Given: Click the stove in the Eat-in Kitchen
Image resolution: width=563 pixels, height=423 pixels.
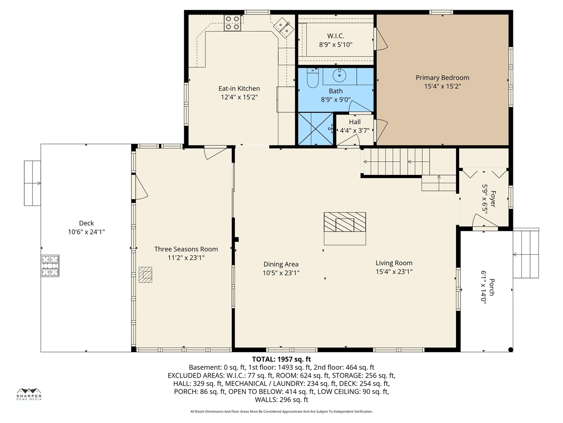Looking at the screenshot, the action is [233, 23].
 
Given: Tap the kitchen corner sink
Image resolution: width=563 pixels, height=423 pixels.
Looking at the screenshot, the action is [284, 27].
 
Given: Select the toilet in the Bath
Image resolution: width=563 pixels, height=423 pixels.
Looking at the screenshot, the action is [313, 78].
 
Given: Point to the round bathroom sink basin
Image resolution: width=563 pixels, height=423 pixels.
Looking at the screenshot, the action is [339, 75].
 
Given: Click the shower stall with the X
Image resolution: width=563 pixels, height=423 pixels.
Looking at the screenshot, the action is [315, 129].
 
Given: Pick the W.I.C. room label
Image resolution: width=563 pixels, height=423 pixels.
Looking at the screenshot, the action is [336, 36].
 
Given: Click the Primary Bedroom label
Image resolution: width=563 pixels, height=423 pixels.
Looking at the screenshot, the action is [442, 78].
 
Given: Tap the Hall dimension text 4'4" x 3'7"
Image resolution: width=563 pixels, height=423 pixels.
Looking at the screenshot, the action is [355, 130].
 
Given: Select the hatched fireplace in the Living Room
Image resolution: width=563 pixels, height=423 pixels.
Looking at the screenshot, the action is [345, 222].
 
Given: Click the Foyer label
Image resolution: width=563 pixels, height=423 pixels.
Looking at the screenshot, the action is [493, 199].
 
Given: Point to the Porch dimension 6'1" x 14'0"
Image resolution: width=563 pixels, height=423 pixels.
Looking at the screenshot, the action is [483, 287].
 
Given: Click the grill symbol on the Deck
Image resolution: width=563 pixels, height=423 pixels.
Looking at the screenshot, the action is [50, 266].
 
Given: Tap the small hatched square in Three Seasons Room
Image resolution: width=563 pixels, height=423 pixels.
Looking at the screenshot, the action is [146, 275].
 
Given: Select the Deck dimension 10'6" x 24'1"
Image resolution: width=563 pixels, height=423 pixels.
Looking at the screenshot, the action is [87, 232].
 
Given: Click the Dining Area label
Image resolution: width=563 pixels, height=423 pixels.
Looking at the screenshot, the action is [281, 264].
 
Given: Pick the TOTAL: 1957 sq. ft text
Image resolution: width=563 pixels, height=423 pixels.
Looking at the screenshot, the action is [281, 359].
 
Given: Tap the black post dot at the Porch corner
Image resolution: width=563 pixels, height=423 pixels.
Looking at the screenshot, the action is [510, 349].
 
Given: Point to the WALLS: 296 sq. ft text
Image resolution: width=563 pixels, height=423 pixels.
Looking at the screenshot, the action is [281, 399].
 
